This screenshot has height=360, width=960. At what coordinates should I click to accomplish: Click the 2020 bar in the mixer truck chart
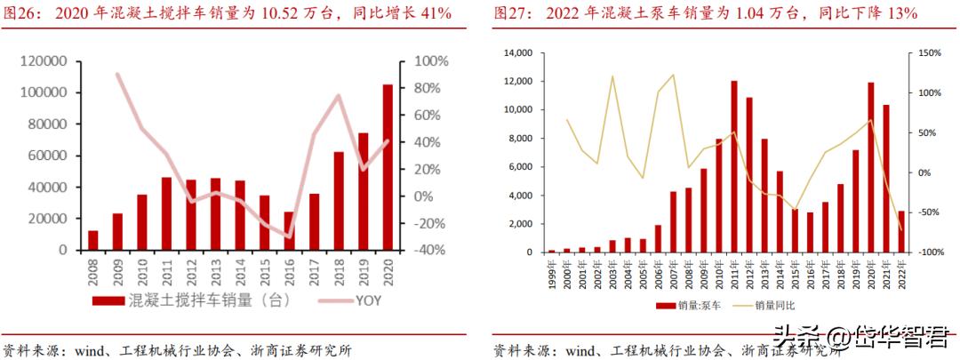click(x=388, y=167)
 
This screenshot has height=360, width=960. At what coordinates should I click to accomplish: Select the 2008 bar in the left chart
click(x=93, y=240)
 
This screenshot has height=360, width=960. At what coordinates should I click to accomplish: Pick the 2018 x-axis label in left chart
click(x=339, y=269)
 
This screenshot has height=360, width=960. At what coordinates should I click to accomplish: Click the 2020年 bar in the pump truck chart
click(x=871, y=167)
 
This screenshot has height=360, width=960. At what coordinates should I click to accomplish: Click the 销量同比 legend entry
click(x=773, y=305)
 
